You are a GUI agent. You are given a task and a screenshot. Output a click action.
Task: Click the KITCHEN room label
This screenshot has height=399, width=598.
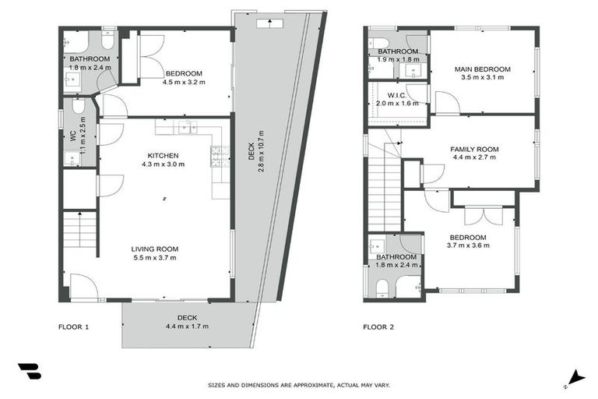tap(164, 155)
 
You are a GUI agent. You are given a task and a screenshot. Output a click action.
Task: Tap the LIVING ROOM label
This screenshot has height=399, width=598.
tap(153, 249)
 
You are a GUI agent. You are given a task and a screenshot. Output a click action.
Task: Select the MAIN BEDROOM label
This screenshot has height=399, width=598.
tap(482, 69)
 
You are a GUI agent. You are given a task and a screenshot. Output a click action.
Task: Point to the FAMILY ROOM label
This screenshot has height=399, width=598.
tap(473, 149)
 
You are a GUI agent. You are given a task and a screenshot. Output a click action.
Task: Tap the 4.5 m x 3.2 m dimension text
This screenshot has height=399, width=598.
tap(183, 82)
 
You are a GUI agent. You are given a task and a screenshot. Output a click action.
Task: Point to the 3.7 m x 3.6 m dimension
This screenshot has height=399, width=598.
tap(467, 246)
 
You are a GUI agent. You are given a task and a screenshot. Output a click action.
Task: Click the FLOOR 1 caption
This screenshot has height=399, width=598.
tap(74, 327)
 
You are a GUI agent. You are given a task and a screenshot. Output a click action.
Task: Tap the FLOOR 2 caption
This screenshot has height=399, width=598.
tap(379, 327)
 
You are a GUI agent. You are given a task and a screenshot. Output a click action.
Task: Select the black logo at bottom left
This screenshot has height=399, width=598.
tap(29, 371)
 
